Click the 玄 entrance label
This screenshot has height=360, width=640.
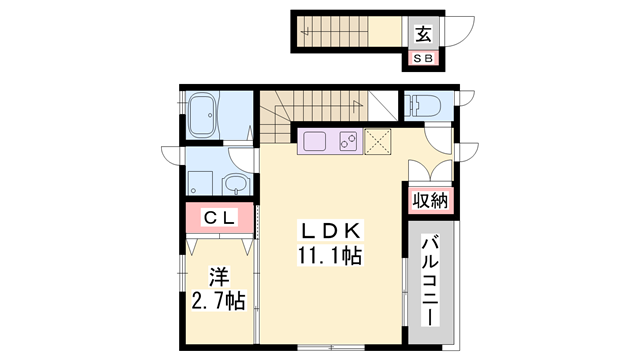pyautogui.click(x=423, y=34)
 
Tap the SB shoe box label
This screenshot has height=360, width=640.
pyautogui.click(x=423, y=60)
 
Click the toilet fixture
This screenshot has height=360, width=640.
pyautogui.click(x=420, y=104)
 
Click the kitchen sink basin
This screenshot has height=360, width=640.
pyautogui.click(x=314, y=141)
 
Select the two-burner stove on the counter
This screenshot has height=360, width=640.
pyautogui.click(x=349, y=141)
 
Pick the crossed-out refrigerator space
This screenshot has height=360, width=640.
pyautogui.click(x=378, y=141)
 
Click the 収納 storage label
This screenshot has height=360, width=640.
pyautogui.click(x=430, y=200)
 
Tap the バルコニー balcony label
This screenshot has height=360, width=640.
pyautogui.click(x=432, y=276)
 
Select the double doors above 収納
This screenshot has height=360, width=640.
pyautogui.click(x=430, y=169)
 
